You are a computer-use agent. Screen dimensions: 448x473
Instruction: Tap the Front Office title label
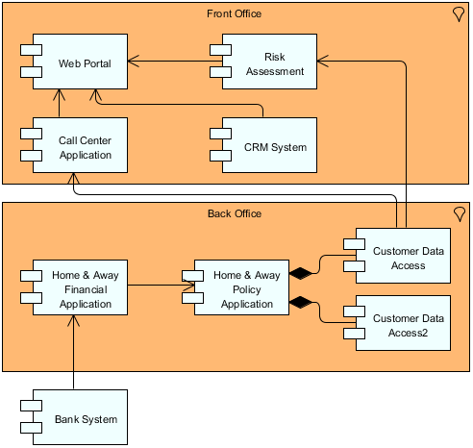pyautogui.click(x=235, y=13)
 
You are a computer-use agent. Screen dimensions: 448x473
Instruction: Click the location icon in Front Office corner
pyautogui.click(x=459, y=14)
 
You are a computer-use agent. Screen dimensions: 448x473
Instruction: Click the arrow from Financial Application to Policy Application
pyautogui.click(x=160, y=285)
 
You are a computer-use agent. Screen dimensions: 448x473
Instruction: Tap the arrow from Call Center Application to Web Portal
pyautogui.click(x=60, y=105)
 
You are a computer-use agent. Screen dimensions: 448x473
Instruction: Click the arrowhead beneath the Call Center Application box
pyautogui.click(x=74, y=180)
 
